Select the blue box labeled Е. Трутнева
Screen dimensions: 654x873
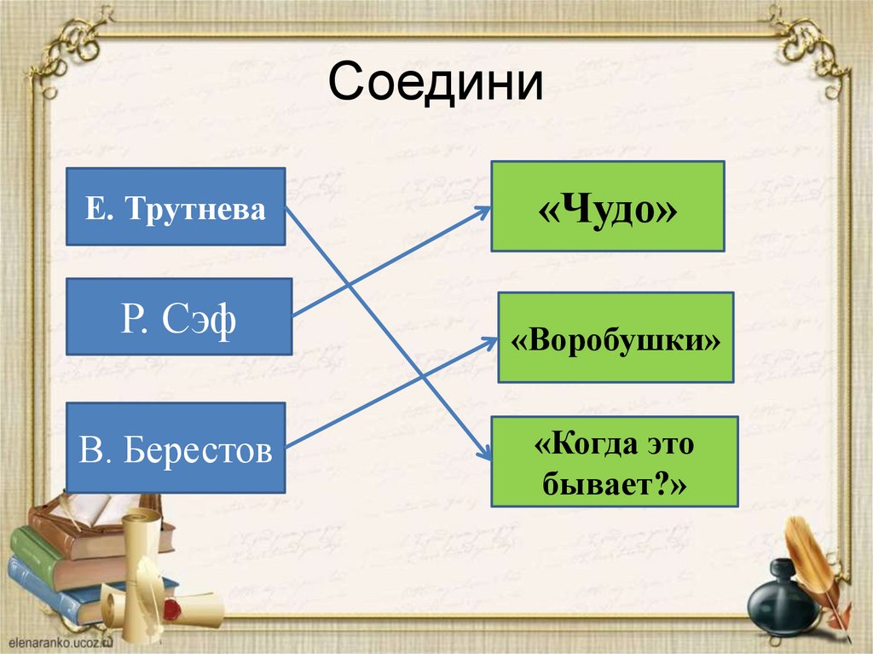[175, 206]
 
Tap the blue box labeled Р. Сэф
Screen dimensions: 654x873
[179, 316]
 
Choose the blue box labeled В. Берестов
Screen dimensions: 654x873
[175, 448]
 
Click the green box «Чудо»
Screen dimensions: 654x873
[607, 206]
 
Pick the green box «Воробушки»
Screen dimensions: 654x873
[615, 337]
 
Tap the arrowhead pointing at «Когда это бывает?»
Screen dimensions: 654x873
[486, 455]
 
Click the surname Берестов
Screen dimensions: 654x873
[198, 449]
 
